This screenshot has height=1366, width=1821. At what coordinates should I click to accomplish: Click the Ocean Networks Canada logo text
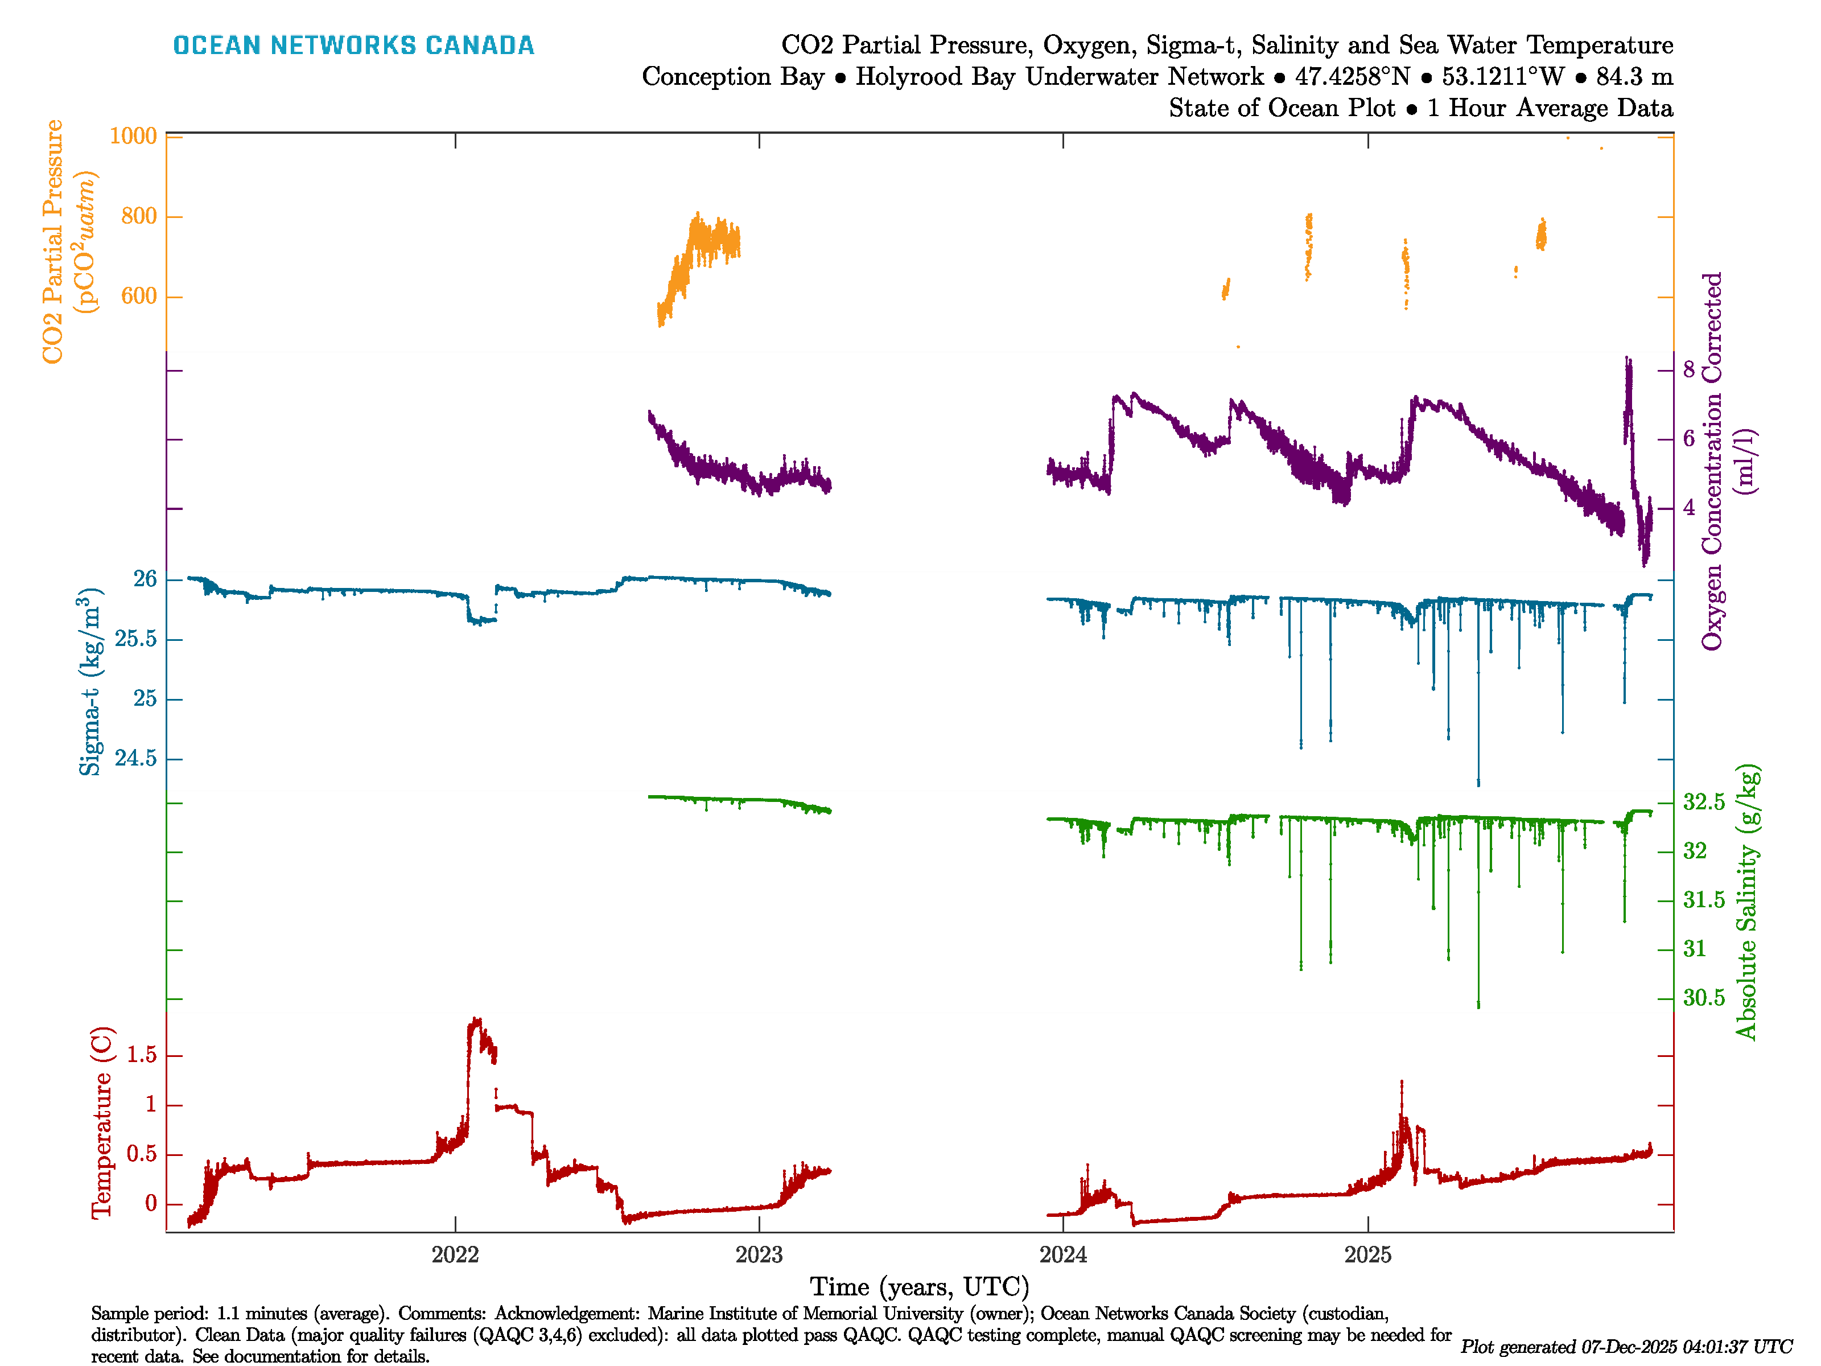point(353,46)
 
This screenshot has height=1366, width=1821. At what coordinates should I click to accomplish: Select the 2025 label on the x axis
point(1367,1255)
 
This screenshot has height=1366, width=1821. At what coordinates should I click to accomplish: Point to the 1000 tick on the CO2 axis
point(133,136)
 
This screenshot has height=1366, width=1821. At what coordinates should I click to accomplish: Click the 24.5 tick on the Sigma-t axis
point(135,758)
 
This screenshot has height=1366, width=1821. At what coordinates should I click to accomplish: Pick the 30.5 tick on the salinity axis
point(1703,998)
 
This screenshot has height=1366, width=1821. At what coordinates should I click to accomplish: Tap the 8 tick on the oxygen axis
point(1688,370)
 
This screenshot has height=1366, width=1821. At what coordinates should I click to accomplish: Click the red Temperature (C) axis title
point(101,1121)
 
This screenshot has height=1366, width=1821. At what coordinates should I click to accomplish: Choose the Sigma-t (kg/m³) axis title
point(90,682)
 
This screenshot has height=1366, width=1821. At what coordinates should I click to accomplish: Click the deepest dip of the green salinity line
point(1478,1005)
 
